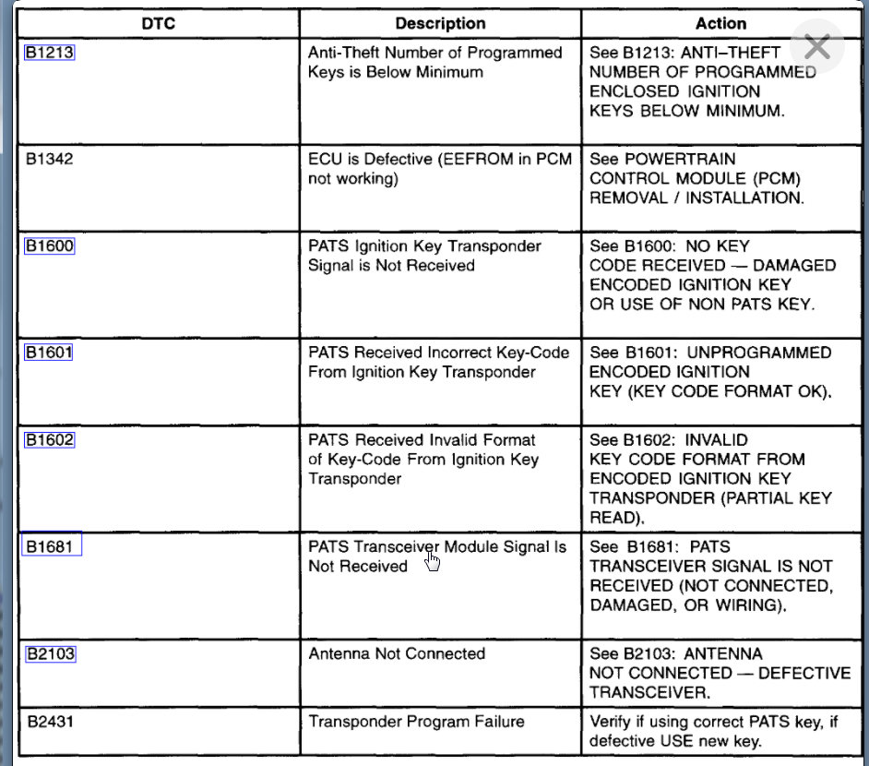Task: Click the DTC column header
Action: pyautogui.click(x=158, y=23)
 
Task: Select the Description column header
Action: pyautogui.click(x=440, y=23)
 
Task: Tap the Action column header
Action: pyautogui.click(x=720, y=23)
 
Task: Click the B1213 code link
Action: pyautogui.click(x=49, y=53)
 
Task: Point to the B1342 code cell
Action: pyautogui.click(x=50, y=159)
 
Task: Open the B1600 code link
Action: pyautogui.click(x=49, y=246)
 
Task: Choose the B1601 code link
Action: pyautogui.click(x=49, y=353)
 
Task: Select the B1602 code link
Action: pyautogui.click(x=49, y=440)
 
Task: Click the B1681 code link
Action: pyautogui.click(x=52, y=546)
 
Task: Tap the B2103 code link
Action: pyautogui.click(x=50, y=653)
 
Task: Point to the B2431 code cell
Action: pyautogui.click(x=50, y=722)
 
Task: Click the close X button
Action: pyautogui.click(x=816, y=47)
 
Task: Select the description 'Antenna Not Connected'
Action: pyautogui.click(x=397, y=653)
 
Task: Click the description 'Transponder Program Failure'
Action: pyautogui.click(x=416, y=722)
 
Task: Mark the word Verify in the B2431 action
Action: pyautogui.click(x=609, y=722)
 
